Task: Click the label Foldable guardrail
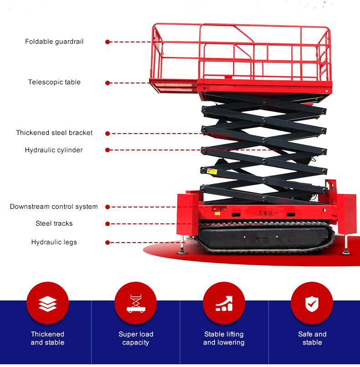(54, 41)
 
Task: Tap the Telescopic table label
(54, 83)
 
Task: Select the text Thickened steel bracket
(54, 133)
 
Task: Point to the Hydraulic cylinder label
(54, 150)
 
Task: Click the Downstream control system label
(54, 207)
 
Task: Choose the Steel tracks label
(54, 223)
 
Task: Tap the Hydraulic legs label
(54, 242)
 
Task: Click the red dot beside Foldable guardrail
(108, 42)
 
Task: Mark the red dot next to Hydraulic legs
(108, 243)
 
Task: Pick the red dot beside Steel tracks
(108, 224)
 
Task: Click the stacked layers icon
(48, 304)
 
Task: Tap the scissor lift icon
(135, 304)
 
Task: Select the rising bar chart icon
(224, 304)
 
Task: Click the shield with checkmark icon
(312, 304)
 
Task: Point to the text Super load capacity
(136, 338)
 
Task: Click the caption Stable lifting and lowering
(224, 338)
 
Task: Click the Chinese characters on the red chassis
(265, 213)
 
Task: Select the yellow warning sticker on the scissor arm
(211, 171)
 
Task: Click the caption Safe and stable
(312, 338)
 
